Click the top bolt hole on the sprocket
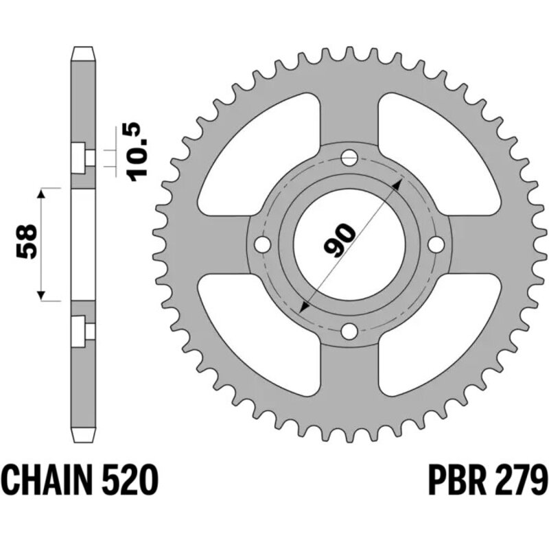coord(349,157)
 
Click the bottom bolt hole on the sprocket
coord(349,332)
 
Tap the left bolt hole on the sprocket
coord(261,244)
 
